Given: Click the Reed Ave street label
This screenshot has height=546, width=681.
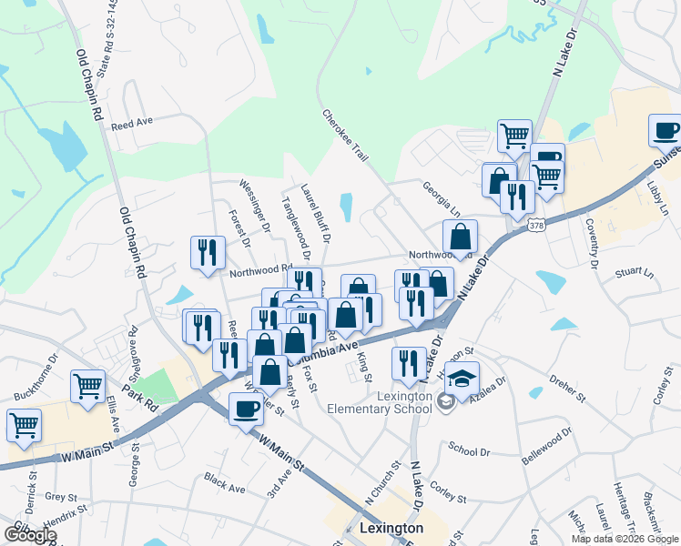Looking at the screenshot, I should coord(131,123).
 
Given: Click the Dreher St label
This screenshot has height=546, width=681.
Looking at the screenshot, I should coord(567,387).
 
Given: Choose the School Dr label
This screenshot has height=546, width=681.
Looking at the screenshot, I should coord(469,449).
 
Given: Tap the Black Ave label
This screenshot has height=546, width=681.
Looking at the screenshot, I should coord(225,482).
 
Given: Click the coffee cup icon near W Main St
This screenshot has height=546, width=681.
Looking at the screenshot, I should coord(245,409).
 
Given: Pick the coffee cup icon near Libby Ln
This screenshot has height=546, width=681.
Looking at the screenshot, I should coord(666,130).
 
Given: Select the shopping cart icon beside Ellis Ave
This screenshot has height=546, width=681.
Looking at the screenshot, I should coord(88,386).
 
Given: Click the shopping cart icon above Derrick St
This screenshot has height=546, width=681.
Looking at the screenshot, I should coord(23,424).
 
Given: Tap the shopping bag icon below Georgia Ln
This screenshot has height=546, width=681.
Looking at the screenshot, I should coord(461,237).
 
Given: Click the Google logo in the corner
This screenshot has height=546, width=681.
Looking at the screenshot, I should coord(30,534).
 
